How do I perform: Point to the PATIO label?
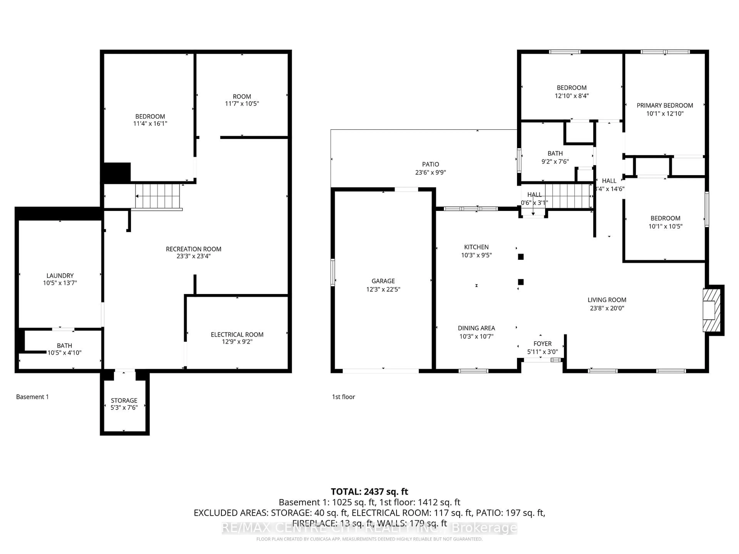[x=430, y=164]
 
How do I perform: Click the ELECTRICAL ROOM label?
[x=237, y=335]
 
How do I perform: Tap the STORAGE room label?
[x=124, y=400]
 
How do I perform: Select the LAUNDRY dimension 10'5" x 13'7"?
[x=60, y=283]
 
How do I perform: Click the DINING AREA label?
[x=476, y=328]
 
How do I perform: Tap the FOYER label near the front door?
[x=542, y=344]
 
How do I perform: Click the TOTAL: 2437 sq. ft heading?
[x=369, y=491]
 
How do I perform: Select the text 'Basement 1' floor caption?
[x=32, y=397]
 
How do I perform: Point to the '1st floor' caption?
[x=343, y=397]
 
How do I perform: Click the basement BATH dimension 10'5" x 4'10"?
[x=64, y=353]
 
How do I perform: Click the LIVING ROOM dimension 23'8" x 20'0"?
[x=607, y=308]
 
